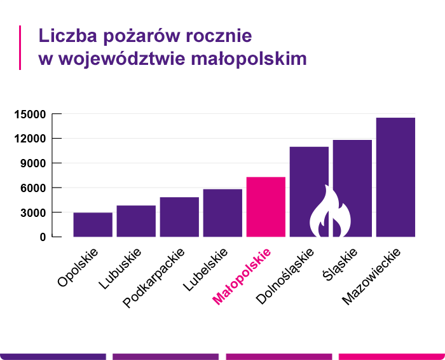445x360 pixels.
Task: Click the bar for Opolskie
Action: click(x=93, y=225)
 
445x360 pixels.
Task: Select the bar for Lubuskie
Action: click(x=136, y=221)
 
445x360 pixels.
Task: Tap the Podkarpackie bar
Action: click(x=179, y=217)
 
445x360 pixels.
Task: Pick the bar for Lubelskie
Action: click(x=222, y=212)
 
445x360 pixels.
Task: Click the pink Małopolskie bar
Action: click(x=266, y=207)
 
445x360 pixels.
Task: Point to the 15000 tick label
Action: click(x=30, y=114)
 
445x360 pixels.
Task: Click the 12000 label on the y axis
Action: click(x=30, y=139)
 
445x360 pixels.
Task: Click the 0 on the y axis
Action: click(x=43, y=237)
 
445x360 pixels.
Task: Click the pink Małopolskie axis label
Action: click(x=242, y=277)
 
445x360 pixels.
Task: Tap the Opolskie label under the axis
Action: click(x=78, y=268)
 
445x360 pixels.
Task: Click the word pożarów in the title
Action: click(x=130, y=35)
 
